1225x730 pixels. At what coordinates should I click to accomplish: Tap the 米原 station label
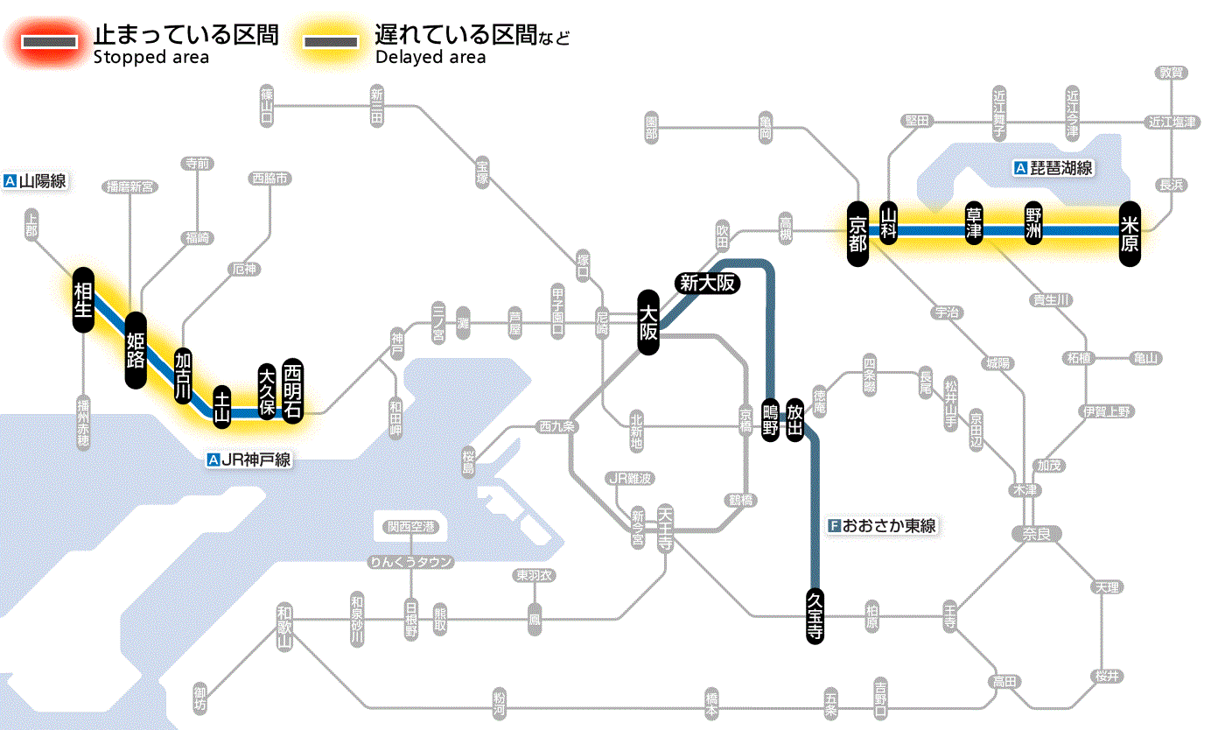(x=1130, y=232)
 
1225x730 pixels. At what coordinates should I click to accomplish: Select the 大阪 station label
(x=648, y=322)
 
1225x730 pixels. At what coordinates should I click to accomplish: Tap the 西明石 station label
(x=292, y=390)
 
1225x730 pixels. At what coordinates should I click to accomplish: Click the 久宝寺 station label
(x=815, y=615)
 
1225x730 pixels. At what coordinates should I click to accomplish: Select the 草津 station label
(x=973, y=224)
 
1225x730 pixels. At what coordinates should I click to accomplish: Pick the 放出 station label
(x=794, y=418)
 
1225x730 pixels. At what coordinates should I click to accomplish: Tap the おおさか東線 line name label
(x=883, y=526)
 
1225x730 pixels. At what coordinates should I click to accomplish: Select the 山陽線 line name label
(x=36, y=182)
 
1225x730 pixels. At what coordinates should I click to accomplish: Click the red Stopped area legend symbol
(x=52, y=41)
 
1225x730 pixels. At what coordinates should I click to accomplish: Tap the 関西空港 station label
(x=411, y=527)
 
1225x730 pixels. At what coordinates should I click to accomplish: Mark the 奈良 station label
(x=1036, y=534)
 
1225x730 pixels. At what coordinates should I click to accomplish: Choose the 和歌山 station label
(x=283, y=627)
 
